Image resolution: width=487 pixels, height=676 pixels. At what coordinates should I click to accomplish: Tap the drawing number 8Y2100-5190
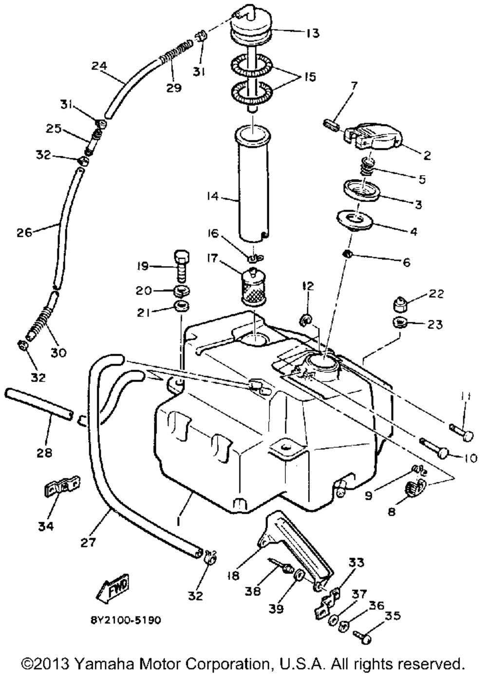126,620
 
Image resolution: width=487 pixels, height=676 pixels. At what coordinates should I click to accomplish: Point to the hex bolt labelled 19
182,266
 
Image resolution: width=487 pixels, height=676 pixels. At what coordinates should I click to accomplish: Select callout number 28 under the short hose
44,453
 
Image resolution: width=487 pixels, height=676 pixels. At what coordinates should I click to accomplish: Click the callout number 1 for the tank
179,520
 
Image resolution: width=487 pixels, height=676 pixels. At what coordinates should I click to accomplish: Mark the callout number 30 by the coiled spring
58,352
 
